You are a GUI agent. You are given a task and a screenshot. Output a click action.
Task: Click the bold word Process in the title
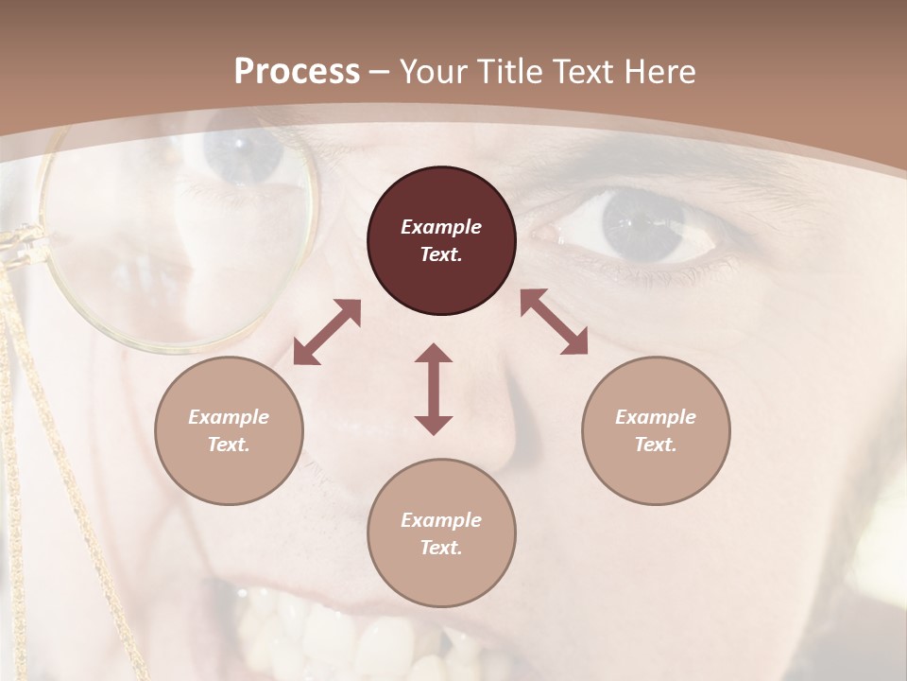point(297,72)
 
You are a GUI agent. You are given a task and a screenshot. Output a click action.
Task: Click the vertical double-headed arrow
point(434,389)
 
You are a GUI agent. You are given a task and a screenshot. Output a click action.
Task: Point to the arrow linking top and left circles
point(327,332)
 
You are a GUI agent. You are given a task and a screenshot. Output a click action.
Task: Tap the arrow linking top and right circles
point(554,322)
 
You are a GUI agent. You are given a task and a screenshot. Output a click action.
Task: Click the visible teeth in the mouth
point(321,634)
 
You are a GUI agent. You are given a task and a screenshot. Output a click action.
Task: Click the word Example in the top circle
point(441,227)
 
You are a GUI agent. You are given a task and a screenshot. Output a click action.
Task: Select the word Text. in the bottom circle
point(441,548)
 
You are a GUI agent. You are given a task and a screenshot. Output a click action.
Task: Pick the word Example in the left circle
point(229,417)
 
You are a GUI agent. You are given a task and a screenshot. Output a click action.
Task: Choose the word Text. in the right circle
point(656,445)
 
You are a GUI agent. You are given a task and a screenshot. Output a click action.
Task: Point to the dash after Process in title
point(379,72)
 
